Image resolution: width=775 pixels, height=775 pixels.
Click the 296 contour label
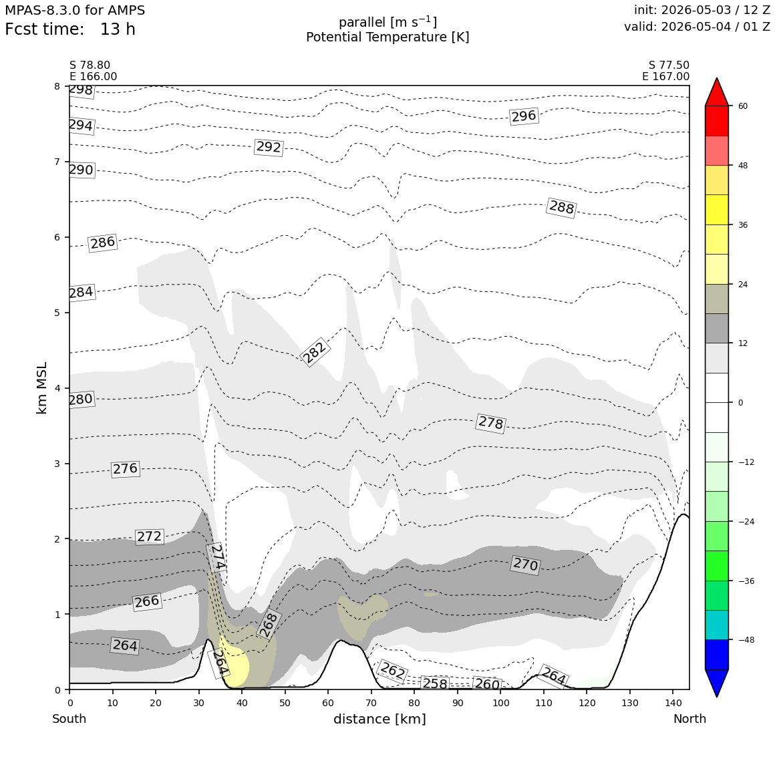coord(523,116)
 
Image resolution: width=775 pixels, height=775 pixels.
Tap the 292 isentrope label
coord(269,147)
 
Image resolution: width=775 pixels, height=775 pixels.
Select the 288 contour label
coord(561,206)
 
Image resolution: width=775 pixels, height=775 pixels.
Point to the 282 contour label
coord(315,352)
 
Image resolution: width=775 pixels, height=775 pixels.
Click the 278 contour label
coord(490,423)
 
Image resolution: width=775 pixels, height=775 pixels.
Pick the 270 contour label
coord(525,564)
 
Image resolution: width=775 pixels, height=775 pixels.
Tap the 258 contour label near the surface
coord(435,683)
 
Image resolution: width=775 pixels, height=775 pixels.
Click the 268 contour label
coord(269,625)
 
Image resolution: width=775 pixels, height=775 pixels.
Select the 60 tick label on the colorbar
coord(744,106)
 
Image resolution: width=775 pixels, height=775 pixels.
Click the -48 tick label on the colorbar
coord(746,639)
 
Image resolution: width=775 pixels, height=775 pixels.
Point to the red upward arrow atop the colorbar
coord(717,92)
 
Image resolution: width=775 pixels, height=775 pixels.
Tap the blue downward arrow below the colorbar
coord(717,683)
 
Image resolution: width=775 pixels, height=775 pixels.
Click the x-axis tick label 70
coord(371,703)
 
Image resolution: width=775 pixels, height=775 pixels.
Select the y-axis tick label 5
coord(57,313)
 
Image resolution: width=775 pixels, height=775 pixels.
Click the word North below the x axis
coord(689,719)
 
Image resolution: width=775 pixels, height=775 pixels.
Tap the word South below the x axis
coord(69,719)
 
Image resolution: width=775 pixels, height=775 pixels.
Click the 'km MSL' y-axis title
coord(42,388)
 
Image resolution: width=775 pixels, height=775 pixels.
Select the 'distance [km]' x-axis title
coord(379,719)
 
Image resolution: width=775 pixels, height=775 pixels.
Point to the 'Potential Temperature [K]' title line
coord(387,37)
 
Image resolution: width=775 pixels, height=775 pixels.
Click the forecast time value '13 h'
coord(118,29)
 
